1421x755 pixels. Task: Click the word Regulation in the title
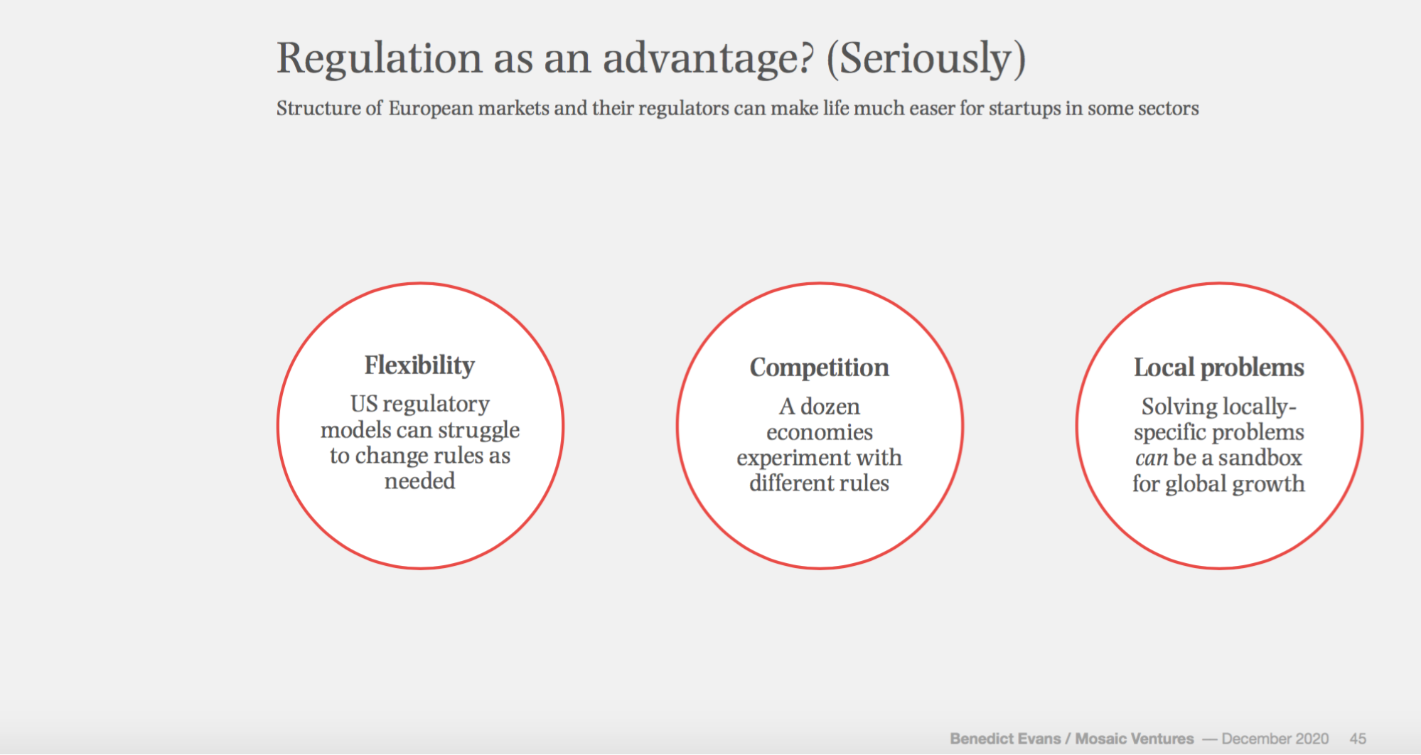point(380,58)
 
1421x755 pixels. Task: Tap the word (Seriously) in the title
point(926,58)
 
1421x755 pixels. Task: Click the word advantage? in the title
point(707,58)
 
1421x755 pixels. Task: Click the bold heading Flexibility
point(419,365)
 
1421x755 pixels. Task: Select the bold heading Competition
point(820,368)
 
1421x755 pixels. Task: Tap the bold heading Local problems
point(1219,368)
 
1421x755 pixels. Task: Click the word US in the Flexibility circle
point(364,404)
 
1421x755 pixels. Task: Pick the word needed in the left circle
point(420,481)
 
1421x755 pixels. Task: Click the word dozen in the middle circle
point(830,407)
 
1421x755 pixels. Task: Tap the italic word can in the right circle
point(1152,459)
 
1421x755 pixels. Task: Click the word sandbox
point(1260,458)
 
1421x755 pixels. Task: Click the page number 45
point(1358,739)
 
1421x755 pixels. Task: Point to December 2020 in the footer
point(1275,739)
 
